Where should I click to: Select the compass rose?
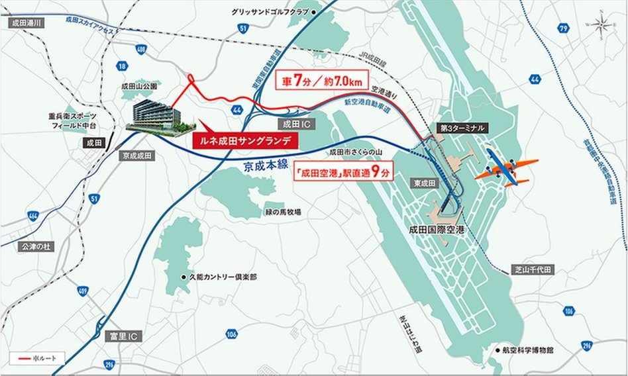coord(601,26)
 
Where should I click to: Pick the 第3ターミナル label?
coord(462,127)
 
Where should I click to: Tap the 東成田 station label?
coord(422,183)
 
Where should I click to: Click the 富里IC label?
coord(119,338)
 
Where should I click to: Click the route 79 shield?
coord(563,28)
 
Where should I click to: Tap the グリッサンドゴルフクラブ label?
coord(273,12)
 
